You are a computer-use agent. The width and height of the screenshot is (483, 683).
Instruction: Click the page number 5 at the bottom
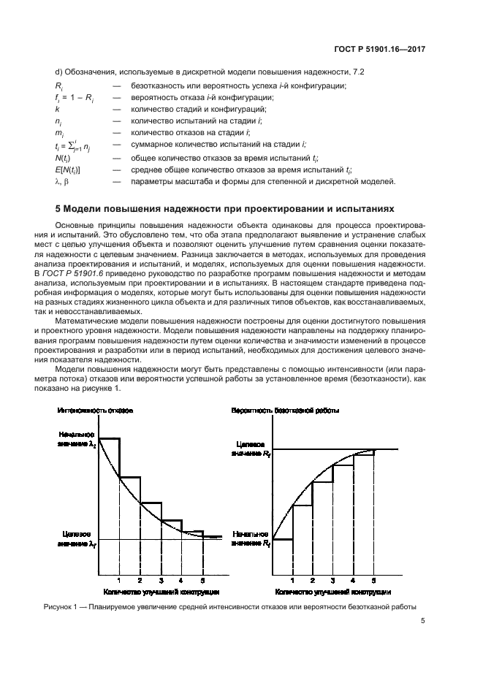point(423,622)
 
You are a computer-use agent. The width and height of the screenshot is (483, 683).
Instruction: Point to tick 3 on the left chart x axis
point(161,581)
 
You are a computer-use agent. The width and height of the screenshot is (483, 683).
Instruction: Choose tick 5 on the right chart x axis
point(374,581)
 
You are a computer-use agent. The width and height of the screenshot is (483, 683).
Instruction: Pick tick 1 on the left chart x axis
point(119,581)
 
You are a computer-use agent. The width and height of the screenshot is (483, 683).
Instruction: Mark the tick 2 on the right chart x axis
point(313,581)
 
